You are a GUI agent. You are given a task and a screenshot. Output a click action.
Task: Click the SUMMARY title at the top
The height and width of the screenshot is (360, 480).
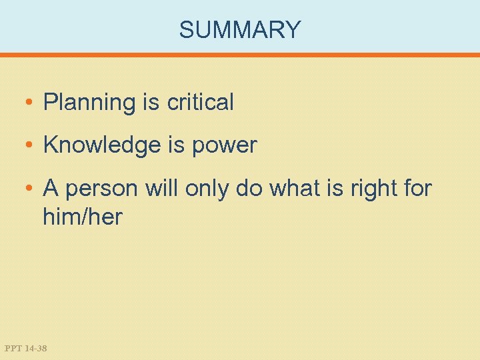(240, 30)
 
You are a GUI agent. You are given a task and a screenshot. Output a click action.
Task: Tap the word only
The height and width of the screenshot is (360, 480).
(209, 189)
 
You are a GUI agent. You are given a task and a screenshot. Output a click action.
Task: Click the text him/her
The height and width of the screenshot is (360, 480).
(83, 217)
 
